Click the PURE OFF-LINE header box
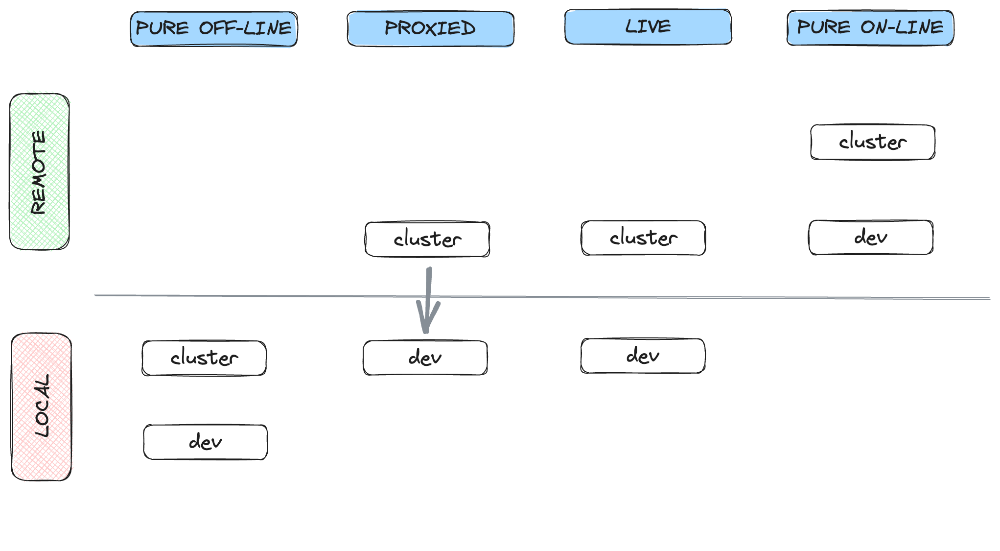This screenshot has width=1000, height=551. point(214,29)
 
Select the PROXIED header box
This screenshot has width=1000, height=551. point(431,28)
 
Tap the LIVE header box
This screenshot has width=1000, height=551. point(648,26)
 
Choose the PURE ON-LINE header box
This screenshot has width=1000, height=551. point(870,27)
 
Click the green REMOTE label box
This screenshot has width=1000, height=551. point(40,171)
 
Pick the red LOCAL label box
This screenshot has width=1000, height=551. point(42,407)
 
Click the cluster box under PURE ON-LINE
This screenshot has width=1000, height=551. point(873,142)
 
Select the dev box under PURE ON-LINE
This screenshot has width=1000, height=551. point(871,238)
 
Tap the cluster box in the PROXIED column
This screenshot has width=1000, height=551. point(427,239)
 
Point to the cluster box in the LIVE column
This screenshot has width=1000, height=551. point(643,238)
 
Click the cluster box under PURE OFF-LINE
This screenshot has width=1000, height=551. point(204,358)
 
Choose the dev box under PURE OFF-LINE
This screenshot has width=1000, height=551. point(206,442)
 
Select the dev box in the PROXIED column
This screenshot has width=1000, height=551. point(425,358)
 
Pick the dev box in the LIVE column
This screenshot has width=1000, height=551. point(643,356)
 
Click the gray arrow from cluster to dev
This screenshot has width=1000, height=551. point(428,300)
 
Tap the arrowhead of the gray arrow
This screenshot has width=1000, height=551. point(427,331)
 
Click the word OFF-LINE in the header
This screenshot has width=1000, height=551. point(245,28)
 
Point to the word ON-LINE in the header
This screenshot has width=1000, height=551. point(902,27)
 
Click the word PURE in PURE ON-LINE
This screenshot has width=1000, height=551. point(824,27)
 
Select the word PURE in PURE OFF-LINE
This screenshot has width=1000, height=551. point(162,28)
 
